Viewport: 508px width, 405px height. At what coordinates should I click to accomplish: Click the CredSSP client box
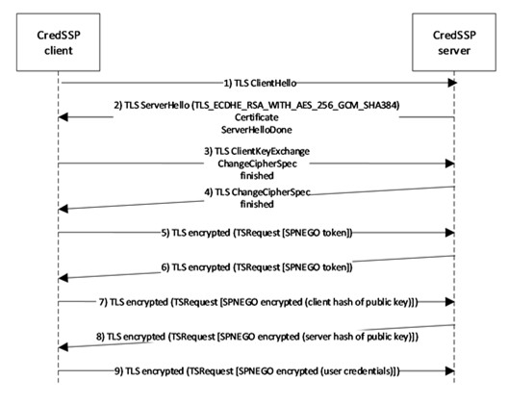coord(59,42)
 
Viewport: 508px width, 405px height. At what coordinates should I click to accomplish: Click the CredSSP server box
coord(454,42)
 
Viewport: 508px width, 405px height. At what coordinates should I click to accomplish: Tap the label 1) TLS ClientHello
coord(260,84)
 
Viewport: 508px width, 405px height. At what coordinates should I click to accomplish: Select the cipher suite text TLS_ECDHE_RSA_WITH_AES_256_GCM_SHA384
coord(295,105)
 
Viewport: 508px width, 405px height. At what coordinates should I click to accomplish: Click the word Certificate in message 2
coord(257,117)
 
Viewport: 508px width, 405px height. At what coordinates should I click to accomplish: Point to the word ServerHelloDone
coord(257,130)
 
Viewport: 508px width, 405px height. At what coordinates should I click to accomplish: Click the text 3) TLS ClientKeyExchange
coord(257,151)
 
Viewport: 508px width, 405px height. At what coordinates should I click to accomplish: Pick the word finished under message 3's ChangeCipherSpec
coord(257,176)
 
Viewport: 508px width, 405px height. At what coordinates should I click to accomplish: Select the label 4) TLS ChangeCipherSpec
coord(257,192)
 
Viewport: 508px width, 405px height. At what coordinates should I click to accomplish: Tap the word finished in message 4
coord(257,204)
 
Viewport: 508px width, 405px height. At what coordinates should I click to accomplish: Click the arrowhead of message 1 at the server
coord(452,83)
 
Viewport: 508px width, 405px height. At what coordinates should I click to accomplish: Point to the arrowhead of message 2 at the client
coord(63,117)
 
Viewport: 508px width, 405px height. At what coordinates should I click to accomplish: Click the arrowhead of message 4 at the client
coord(63,209)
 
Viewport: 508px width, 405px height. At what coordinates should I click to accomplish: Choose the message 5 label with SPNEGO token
coord(257,233)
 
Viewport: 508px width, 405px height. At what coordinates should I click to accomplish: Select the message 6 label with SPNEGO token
coord(257,267)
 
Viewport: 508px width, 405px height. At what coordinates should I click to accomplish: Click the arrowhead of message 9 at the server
coord(449,371)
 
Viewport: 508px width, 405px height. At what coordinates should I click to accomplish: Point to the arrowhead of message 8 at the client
coord(63,347)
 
